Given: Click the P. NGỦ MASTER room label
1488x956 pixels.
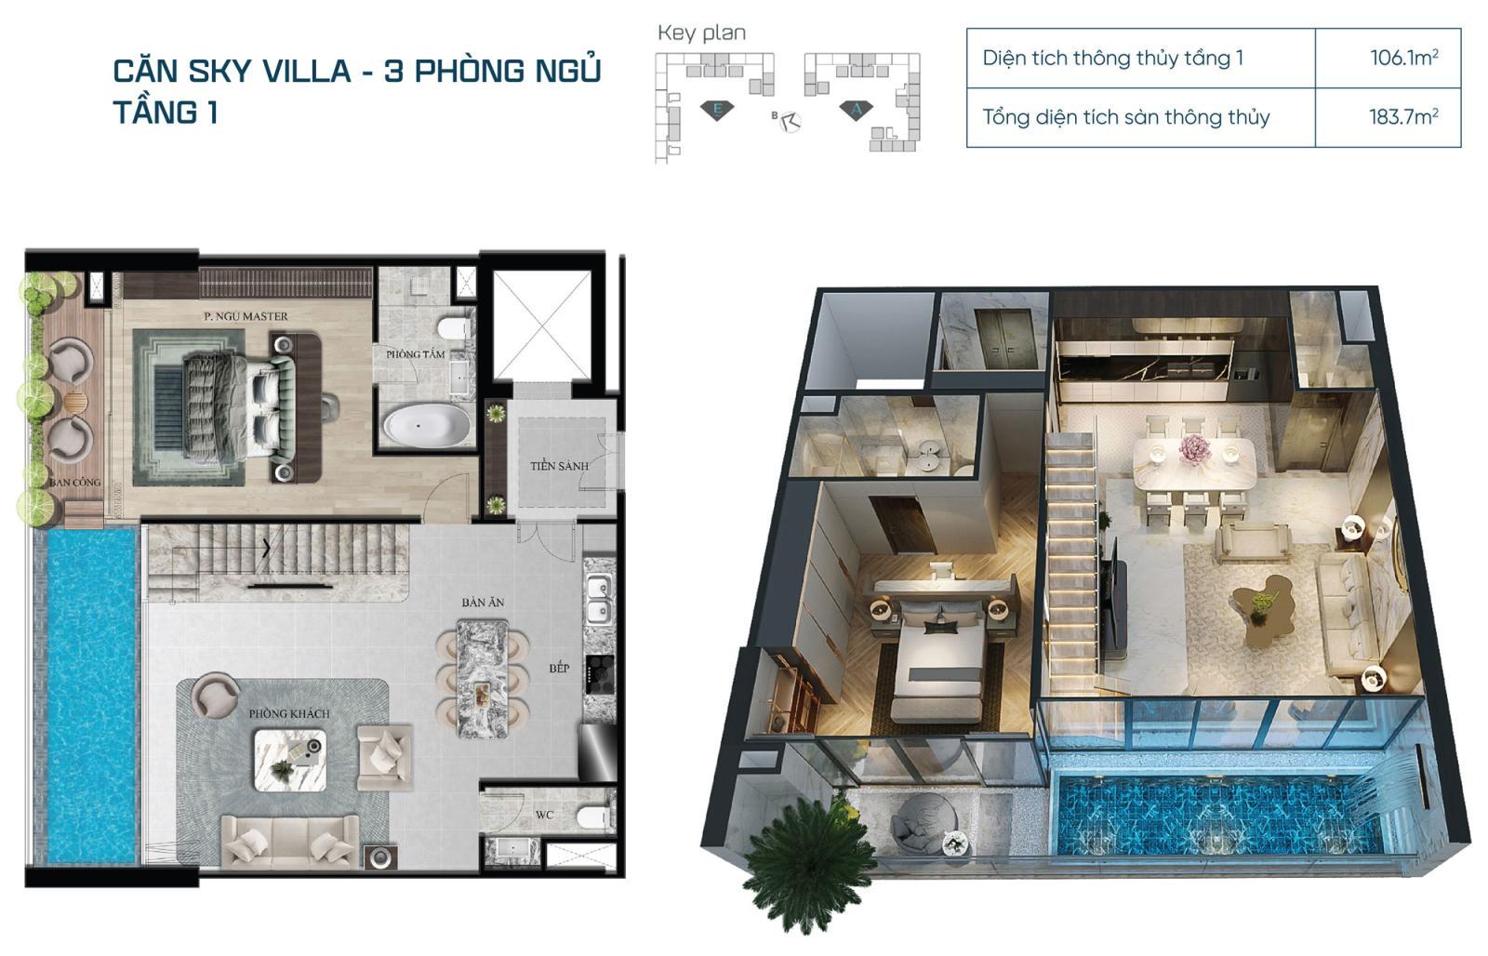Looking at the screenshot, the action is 246,317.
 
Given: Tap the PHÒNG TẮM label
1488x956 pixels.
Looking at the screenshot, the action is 416,354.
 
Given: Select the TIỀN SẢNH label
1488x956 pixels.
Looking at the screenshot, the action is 559,466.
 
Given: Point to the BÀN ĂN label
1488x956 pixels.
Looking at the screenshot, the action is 483,603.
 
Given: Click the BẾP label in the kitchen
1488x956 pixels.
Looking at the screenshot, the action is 559,668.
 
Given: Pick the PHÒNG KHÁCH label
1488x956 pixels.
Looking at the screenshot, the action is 289,713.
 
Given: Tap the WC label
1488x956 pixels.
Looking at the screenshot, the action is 544,816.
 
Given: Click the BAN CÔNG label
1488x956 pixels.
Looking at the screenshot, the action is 75,483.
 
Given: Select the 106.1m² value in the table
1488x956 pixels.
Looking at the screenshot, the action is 1403,58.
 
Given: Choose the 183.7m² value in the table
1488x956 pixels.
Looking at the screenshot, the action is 1403,117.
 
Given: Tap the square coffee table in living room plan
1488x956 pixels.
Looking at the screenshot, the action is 290,760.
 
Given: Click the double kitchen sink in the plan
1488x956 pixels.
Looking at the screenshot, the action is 599,598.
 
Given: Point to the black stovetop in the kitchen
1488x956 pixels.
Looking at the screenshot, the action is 599,674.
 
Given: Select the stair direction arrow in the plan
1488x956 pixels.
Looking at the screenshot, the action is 266,549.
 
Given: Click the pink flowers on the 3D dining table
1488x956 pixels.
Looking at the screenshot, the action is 1194,450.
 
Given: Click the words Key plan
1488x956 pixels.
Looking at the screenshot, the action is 701,33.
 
